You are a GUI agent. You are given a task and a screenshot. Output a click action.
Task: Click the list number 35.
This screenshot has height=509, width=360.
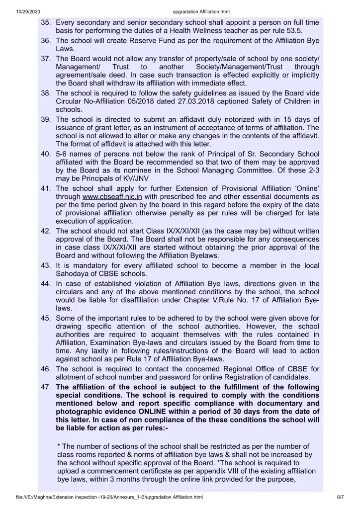tap(47, 23)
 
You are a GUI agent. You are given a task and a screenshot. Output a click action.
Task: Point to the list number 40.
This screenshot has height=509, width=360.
tap(47, 153)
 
